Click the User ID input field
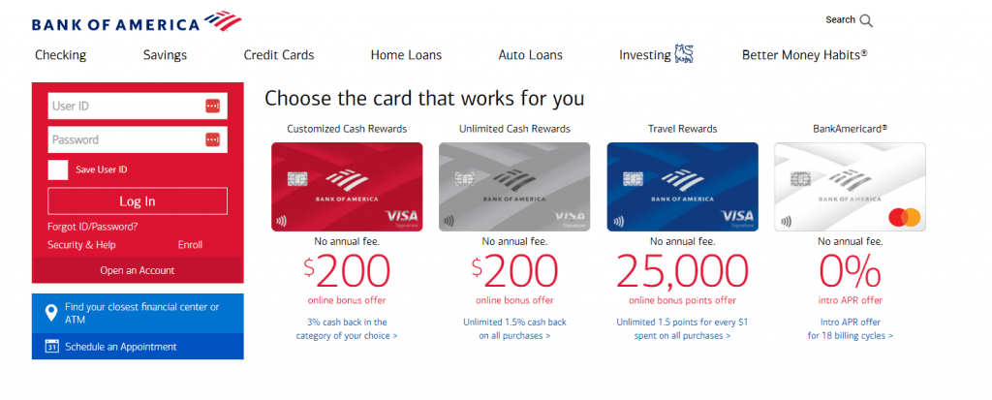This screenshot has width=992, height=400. pos(138,107)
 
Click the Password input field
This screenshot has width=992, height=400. pos(138,139)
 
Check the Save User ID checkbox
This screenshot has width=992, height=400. pos(58,169)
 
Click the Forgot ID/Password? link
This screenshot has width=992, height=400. pos(92,226)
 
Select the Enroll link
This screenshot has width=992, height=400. pos(190,245)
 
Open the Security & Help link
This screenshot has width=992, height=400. pos(81,245)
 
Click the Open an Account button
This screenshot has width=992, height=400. pos(138,270)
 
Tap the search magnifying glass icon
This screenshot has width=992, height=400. pos(866,21)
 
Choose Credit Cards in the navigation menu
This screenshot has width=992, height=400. pos(279,55)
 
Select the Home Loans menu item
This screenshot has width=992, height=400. pos(406,55)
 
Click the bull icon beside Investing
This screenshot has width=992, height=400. pos(684,54)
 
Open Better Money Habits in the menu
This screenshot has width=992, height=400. pos(805,55)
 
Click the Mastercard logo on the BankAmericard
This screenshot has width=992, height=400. pos(905,218)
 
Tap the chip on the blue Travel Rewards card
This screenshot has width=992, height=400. pos(630,179)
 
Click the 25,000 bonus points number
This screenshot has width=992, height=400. pos(682,271)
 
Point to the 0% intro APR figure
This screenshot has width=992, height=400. pos(850,271)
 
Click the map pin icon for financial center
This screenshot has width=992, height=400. pos(51,313)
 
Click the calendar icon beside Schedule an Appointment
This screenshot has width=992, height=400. pos(52,346)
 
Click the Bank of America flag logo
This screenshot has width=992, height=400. pos(223,21)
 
